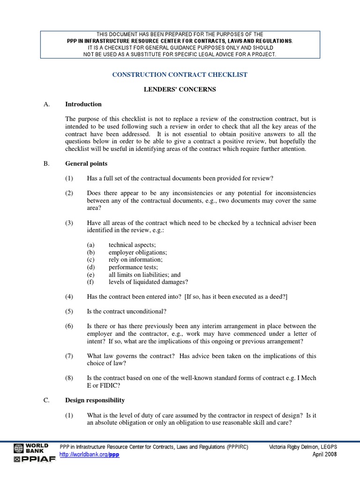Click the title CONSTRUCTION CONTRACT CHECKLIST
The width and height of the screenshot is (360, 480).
[180, 75]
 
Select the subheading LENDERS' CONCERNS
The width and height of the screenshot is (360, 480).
[180, 90]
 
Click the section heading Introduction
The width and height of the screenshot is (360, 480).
[83, 104]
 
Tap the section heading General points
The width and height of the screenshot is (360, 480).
[86, 164]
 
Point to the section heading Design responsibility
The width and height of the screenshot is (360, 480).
[95, 400]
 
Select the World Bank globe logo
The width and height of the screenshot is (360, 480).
[18, 448]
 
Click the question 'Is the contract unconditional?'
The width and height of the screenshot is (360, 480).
[127, 311]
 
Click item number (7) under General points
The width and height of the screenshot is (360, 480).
[69, 356]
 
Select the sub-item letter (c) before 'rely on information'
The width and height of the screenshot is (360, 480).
[90, 260]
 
